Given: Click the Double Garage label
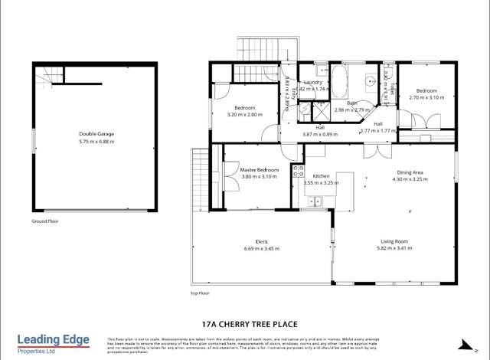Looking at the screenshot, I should coord(95,134).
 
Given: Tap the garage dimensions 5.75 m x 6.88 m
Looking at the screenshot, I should coord(95,141).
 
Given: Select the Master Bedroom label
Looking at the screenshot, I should coord(259,169).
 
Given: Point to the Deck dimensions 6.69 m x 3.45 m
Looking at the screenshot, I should coord(262,248).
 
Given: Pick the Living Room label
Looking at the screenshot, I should coord(394,241).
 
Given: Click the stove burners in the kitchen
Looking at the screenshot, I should coord(298,172).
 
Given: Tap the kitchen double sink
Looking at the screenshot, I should coord(314,201).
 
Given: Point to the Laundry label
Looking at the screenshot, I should coord(312,82).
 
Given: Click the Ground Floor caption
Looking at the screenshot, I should coord(46,221).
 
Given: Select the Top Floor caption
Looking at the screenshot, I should coord(199,293).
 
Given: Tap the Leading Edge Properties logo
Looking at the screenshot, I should coord(54,343).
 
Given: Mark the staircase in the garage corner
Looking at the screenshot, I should coord(50,75).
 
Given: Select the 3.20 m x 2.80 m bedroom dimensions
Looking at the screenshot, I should coord(244,115).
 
